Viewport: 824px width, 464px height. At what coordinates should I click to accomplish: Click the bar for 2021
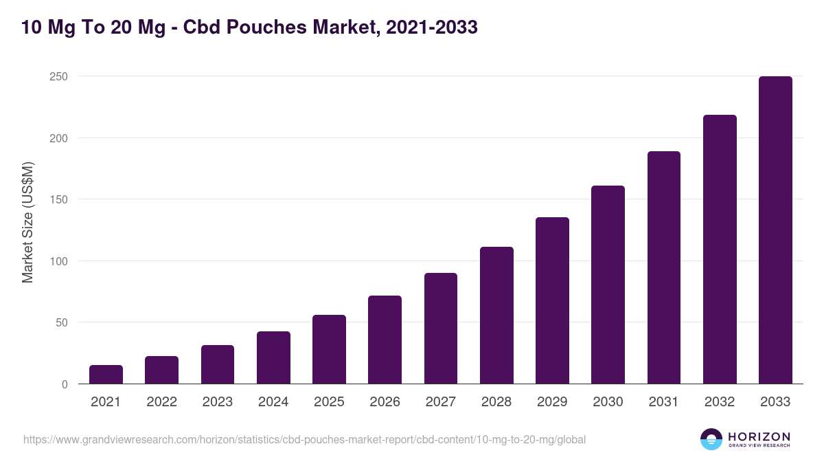106,375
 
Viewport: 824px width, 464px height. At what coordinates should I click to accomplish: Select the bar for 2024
273,357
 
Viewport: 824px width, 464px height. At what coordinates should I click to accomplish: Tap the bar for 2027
441,329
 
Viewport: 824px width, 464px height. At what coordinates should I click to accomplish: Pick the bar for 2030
608,285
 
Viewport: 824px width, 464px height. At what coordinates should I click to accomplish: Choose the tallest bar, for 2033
775,230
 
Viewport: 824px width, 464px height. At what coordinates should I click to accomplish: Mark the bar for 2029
552,300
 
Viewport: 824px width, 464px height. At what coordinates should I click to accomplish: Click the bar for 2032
720,250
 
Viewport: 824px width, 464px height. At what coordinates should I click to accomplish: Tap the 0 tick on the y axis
65,384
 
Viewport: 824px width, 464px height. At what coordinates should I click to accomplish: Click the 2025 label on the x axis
329,402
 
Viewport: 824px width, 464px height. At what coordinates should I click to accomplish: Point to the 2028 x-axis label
496,402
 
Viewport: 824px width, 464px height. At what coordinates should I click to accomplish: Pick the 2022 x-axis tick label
161,402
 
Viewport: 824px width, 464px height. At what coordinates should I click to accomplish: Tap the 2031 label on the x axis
664,402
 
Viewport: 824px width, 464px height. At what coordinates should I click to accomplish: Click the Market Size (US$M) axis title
27,223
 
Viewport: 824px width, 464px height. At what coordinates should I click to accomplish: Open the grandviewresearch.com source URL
304,439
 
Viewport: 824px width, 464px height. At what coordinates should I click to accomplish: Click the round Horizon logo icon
711,439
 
